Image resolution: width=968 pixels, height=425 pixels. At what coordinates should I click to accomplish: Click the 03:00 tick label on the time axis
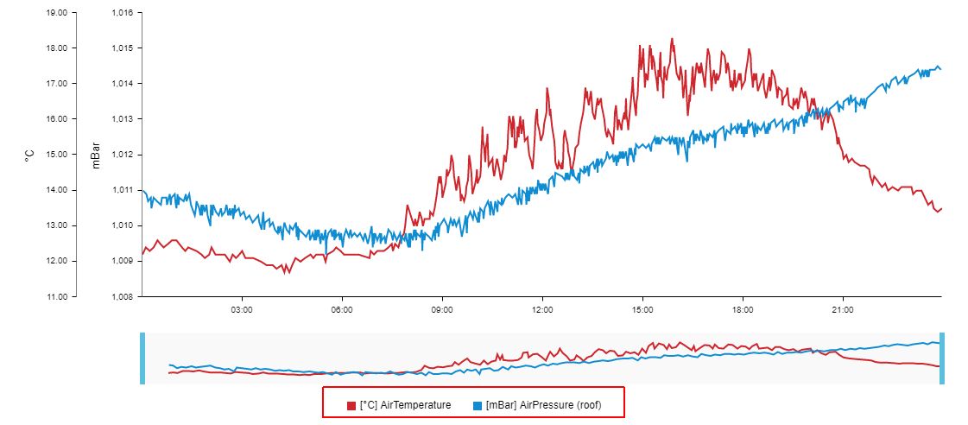pyautogui.click(x=241, y=308)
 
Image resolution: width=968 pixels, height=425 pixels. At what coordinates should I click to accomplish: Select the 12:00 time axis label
pyautogui.click(x=542, y=308)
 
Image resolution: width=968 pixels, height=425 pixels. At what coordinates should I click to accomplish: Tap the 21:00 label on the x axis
pyautogui.click(x=843, y=308)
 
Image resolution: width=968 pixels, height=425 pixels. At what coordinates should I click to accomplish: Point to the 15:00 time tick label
pyautogui.click(x=642, y=308)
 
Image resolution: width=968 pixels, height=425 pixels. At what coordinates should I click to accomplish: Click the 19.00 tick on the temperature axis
pyautogui.click(x=56, y=13)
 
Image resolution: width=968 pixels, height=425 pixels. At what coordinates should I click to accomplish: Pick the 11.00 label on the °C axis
pyautogui.click(x=56, y=296)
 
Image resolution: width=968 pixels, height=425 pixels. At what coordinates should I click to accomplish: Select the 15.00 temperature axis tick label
pyautogui.click(x=56, y=155)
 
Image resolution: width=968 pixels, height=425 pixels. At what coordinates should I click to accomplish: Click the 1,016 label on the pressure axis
pyautogui.click(x=122, y=13)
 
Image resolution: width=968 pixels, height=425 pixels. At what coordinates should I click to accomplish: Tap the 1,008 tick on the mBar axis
pyautogui.click(x=122, y=296)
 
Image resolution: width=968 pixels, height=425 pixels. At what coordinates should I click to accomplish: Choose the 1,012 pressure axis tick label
pyautogui.click(x=122, y=155)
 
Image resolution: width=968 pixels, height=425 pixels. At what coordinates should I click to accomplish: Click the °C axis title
pyautogui.click(x=28, y=155)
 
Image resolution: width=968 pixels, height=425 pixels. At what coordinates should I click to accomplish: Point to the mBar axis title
pyautogui.click(x=96, y=155)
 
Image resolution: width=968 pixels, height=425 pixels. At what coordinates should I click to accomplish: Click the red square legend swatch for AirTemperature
pyautogui.click(x=351, y=405)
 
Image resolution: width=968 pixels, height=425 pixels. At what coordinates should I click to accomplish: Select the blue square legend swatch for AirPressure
pyautogui.click(x=478, y=405)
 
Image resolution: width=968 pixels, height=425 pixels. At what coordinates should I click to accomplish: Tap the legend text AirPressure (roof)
pyautogui.click(x=543, y=405)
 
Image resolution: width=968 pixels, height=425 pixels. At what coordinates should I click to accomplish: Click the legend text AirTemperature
pyautogui.click(x=405, y=405)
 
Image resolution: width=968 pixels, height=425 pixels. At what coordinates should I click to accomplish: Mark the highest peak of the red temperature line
pyautogui.click(x=672, y=39)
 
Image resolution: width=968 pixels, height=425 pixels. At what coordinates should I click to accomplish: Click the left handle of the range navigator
pyautogui.click(x=142, y=358)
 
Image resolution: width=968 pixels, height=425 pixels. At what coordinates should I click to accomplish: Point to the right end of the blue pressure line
pyautogui.click(x=940, y=68)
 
